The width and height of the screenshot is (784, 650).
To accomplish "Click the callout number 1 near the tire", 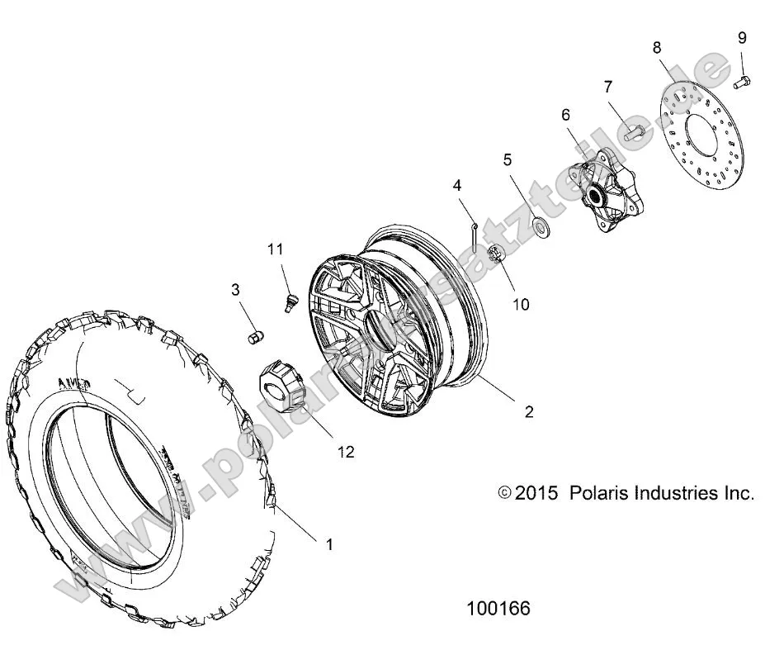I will click(x=330, y=544).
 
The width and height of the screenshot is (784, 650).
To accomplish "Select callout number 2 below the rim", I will click(x=529, y=411).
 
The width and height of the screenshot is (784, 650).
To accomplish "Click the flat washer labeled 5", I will click(x=541, y=225).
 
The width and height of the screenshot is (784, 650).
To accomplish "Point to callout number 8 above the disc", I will click(x=657, y=48).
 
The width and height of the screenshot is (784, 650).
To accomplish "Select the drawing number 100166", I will click(x=498, y=609).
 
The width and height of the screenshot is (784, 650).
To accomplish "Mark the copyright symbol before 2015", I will click(x=505, y=493).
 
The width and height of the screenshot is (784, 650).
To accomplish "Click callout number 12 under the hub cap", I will click(x=346, y=451).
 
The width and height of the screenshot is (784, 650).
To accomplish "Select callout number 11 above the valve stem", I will click(x=275, y=248).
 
